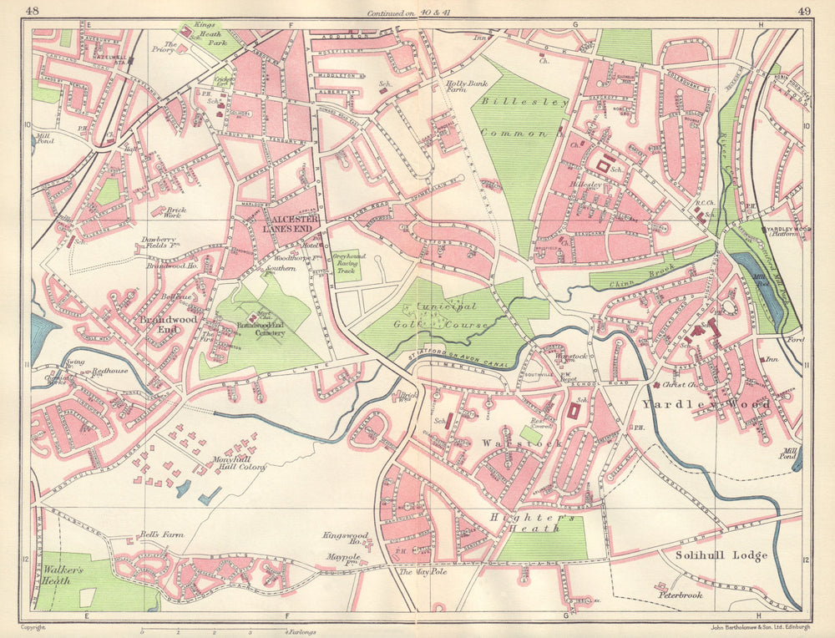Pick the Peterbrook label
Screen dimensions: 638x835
[679, 595]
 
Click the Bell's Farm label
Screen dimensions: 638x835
[161, 534]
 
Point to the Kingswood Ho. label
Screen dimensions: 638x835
[342, 539]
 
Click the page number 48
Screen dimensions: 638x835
[33, 11]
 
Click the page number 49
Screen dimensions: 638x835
[803, 11]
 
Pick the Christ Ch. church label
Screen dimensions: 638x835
[677, 385]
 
